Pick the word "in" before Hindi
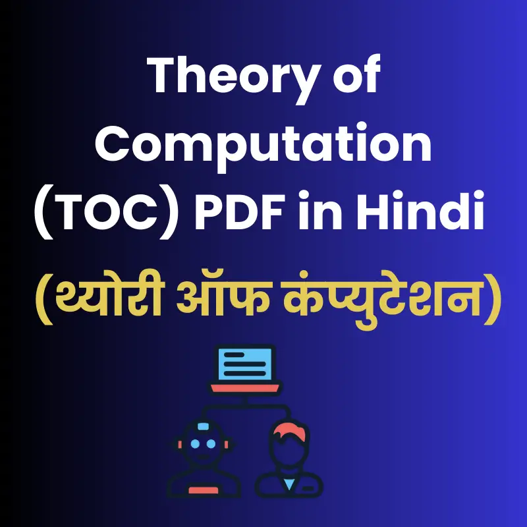click(x=319, y=209)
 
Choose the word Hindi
click(x=420, y=209)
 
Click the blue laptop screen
click(x=245, y=364)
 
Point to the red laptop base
click(x=245, y=388)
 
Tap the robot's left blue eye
click(x=195, y=444)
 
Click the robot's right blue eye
click(x=211, y=444)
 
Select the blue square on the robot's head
click(x=204, y=426)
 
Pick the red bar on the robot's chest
click(x=204, y=490)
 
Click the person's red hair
click(x=289, y=432)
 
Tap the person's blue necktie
click(x=289, y=484)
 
